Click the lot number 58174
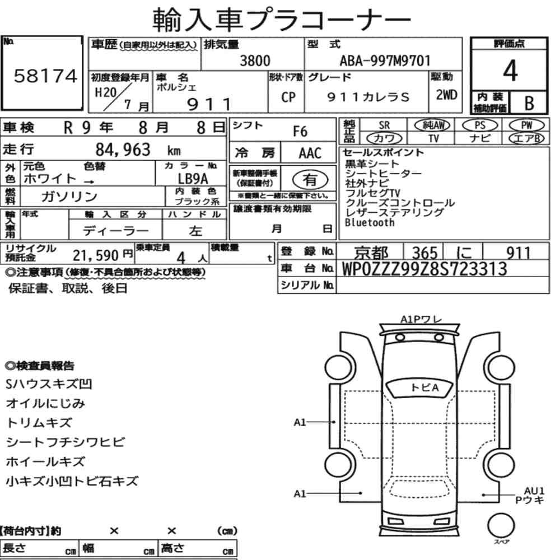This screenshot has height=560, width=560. tap(45, 76)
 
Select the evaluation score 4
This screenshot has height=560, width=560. tap(510, 71)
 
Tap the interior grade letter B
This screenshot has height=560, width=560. tap(529, 103)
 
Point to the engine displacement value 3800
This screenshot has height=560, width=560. tap(255, 60)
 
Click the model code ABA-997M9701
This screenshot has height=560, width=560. tap(385, 60)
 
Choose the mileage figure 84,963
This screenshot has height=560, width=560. tap(123, 150)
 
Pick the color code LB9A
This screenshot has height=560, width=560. tap(193, 179)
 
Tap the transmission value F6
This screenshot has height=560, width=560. tap(300, 132)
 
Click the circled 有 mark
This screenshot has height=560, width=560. tap(310, 180)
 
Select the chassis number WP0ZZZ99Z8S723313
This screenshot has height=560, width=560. tap(424, 269)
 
